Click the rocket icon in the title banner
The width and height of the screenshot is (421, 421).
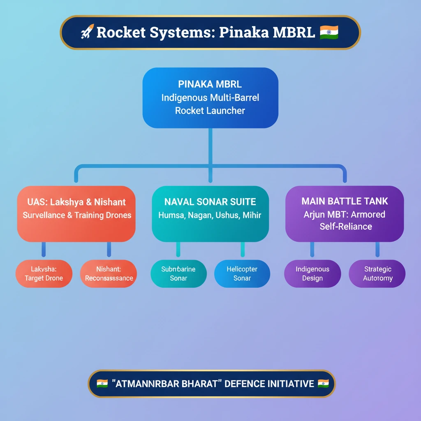tap(87, 32)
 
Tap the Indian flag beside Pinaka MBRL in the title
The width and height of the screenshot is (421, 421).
tap(329, 32)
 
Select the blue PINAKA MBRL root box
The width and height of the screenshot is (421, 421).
tap(210, 98)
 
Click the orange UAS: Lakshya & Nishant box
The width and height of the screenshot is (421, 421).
tap(76, 214)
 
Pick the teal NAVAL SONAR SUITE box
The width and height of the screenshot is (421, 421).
tap(210, 214)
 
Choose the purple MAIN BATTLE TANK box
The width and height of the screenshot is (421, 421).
tap(344, 214)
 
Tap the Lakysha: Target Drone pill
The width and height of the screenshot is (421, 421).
tap(44, 274)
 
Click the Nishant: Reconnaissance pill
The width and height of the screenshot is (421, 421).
tap(109, 274)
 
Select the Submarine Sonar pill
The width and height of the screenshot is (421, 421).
tap(178, 274)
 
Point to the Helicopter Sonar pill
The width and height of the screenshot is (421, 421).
tap(242, 274)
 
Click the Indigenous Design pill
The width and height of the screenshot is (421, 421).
tap(312, 274)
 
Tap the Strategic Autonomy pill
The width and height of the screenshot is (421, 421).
tap(377, 274)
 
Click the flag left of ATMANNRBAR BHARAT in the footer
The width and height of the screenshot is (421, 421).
tap(102, 384)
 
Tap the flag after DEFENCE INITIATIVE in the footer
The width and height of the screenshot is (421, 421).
tap(324, 384)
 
